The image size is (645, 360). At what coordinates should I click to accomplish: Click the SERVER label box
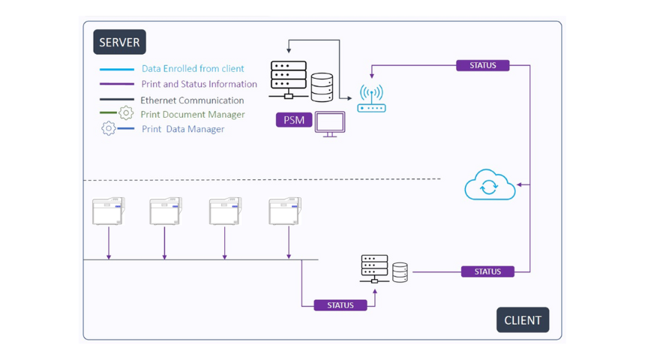[x=119, y=43]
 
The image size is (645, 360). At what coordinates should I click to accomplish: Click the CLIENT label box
[x=523, y=320]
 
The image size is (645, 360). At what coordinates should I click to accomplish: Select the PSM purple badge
[x=294, y=120]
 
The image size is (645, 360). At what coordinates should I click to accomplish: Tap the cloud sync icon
[x=490, y=185]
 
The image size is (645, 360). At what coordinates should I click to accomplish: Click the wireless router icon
[x=371, y=98]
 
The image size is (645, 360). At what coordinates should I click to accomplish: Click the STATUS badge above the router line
[x=482, y=65]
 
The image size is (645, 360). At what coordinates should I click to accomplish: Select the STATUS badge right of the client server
[x=487, y=271]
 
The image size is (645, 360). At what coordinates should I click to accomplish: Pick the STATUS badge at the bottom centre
[x=340, y=305]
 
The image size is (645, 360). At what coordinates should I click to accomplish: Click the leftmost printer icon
[x=109, y=211]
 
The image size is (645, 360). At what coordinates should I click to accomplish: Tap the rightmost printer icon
[x=285, y=211]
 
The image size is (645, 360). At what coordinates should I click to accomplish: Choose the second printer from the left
[x=166, y=211]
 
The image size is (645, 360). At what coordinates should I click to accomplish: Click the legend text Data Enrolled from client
[x=193, y=69]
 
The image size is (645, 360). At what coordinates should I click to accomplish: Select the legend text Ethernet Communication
[x=192, y=100]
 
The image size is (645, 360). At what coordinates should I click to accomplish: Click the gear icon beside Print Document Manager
[x=126, y=113]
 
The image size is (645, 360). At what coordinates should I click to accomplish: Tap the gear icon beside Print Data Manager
[x=109, y=129]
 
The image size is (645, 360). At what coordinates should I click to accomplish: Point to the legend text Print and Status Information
[x=199, y=84]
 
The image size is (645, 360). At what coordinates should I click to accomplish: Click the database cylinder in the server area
[x=322, y=87]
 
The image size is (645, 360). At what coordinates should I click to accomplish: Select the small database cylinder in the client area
[x=400, y=272]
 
